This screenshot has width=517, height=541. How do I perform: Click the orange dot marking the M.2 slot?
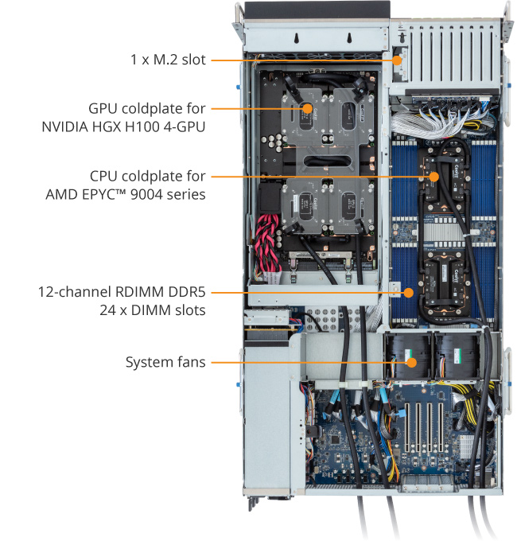coord(397,60)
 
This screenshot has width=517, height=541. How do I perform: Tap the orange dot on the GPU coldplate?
coord(307,108)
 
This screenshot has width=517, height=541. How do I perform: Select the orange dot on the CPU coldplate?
coord(433,177)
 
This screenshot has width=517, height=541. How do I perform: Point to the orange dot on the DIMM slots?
coord(409,293)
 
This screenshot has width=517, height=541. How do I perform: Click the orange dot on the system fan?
coord(411,363)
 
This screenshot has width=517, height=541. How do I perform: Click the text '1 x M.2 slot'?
coord(168,60)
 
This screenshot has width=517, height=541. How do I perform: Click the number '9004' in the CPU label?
coord(147,194)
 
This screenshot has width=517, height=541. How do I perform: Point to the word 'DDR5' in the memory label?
coord(187,292)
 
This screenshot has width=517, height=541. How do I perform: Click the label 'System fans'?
coord(165,362)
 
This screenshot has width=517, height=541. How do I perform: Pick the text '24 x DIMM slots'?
coord(153,310)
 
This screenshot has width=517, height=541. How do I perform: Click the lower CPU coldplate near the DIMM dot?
coord(445,281)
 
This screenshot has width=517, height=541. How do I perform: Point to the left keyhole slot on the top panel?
coord(296,38)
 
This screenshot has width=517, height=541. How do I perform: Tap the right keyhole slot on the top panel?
coord(349,38)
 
